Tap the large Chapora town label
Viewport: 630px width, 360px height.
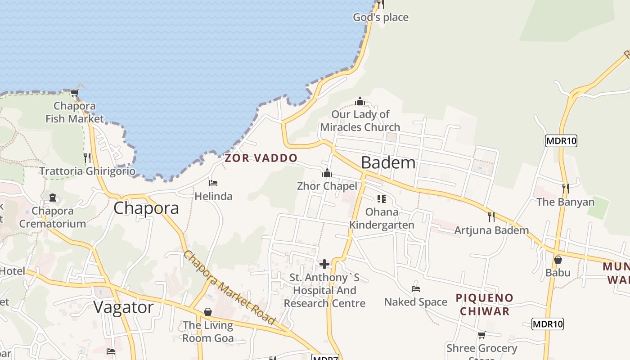pos(146,208)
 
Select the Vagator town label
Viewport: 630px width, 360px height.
pos(123,307)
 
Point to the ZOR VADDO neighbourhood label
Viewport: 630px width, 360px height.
pos(261,158)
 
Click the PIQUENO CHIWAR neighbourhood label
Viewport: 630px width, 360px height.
pos(485,304)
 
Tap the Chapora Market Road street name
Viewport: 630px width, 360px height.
pos(229,288)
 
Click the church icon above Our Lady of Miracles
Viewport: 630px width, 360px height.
pos(360,101)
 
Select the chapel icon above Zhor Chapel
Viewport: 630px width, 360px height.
pos(327,173)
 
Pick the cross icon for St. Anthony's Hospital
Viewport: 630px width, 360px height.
pos(324,264)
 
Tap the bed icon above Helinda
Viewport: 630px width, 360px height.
pos(213,183)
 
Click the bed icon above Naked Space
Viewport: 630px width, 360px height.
pos(416,288)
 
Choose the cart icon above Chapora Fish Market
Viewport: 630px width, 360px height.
pos(75,93)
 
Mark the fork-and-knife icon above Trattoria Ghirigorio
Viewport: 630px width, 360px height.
pos(87,158)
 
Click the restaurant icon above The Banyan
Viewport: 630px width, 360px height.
pos(565,188)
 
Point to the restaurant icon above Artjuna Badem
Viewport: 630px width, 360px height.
pos(491,217)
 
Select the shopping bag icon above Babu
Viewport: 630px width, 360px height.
pos(558,260)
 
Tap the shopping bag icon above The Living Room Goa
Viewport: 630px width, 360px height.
pos(208,311)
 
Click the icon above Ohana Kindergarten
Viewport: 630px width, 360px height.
pos(382,198)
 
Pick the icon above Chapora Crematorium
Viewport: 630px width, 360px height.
pos(53,198)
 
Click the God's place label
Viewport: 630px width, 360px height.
pos(381,18)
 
